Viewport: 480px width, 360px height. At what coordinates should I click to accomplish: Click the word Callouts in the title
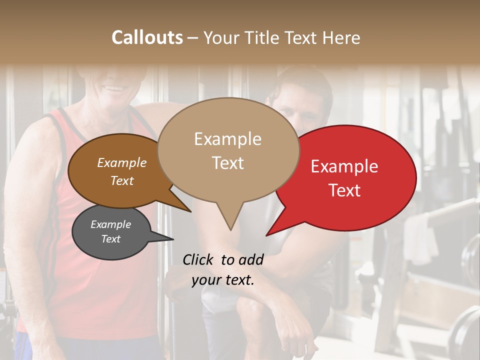point(147,37)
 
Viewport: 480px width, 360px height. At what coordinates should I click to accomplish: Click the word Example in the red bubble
point(344,166)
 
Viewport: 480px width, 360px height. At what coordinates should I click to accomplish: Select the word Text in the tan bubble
point(227,163)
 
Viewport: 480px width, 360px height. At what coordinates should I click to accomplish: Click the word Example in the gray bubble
point(111,224)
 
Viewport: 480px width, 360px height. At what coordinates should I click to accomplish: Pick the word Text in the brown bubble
point(122,180)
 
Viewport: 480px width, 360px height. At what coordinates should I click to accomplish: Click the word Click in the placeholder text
point(199,259)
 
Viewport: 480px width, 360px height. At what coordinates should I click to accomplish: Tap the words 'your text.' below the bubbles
point(223,280)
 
